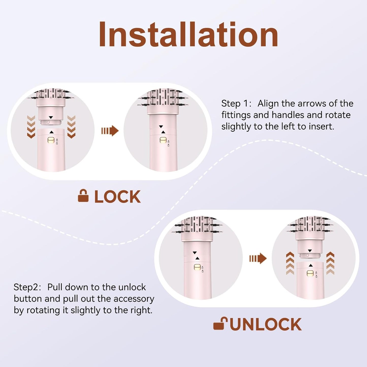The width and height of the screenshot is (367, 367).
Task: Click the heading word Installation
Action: pyautogui.click(x=188, y=35)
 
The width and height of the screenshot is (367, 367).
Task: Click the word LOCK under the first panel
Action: pyautogui.click(x=118, y=197)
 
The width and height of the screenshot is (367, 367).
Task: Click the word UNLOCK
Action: pyautogui.click(x=266, y=324)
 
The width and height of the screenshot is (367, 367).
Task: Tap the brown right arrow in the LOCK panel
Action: pyautogui.click(x=110, y=131)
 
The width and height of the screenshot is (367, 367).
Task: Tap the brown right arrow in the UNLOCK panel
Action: pyautogui.click(x=258, y=259)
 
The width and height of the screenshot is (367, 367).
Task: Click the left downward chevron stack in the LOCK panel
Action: pyautogui.click(x=31, y=127)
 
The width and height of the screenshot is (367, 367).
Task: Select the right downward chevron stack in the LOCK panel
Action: pyautogui.click(x=71, y=127)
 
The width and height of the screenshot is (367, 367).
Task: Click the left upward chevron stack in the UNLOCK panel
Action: pyautogui.click(x=290, y=263)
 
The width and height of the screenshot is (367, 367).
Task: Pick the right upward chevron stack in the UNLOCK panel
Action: pyautogui.click(x=330, y=263)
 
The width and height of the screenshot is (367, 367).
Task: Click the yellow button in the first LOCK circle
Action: pyautogui.click(x=51, y=140)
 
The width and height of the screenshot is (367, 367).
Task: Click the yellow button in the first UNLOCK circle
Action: pyautogui.click(x=197, y=267)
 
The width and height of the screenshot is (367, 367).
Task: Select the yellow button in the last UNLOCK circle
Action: pyautogui.click(x=310, y=273)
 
